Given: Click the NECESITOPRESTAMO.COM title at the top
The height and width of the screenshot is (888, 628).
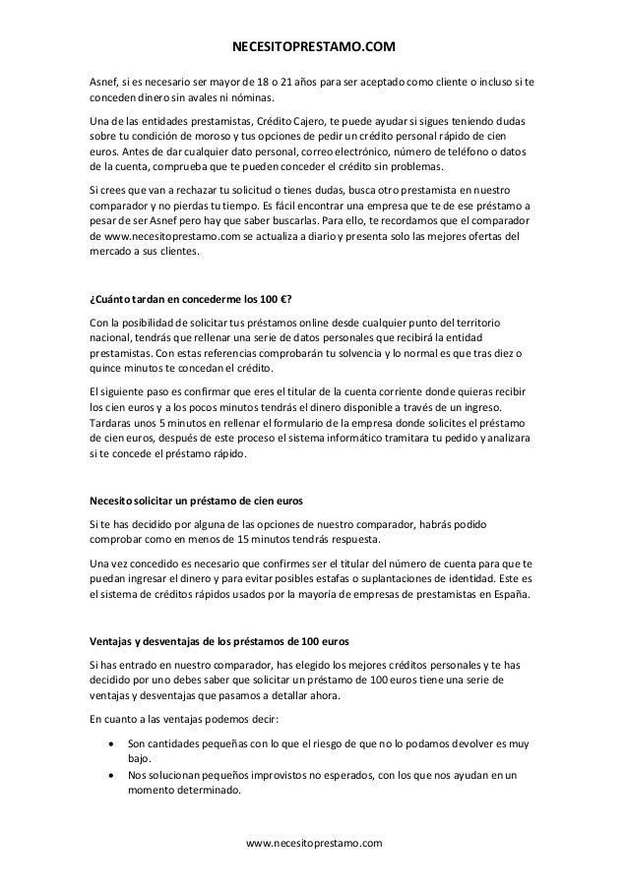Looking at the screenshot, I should click(313, 46).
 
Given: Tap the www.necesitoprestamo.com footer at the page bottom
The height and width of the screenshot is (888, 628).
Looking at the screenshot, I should click(313, 843).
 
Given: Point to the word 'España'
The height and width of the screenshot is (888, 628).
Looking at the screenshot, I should click(511, 595).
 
